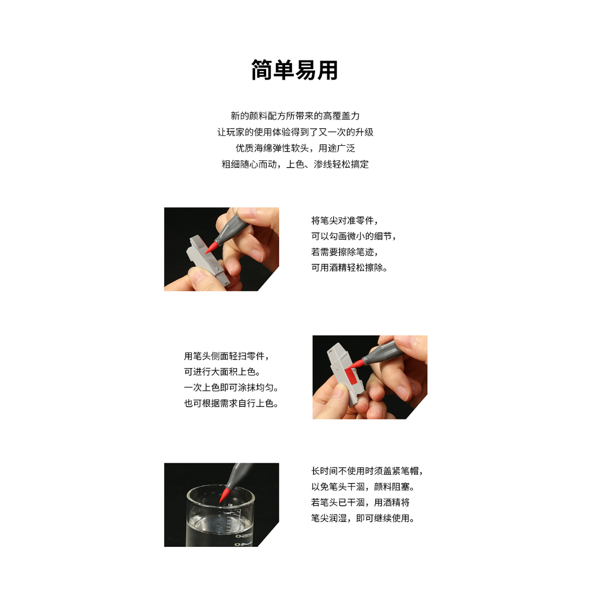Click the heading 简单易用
(294, 70)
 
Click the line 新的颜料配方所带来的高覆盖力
(295, 116)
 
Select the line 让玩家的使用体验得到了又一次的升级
(295, 132)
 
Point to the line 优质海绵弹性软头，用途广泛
(295, 148)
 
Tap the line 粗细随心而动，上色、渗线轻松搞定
(295, 164)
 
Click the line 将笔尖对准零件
(345, 221)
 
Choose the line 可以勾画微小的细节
(354, 236)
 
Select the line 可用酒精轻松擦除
(349, 267)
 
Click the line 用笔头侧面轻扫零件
(226, 356)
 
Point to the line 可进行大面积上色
(222, 372)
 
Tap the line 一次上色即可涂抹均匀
(231, 388)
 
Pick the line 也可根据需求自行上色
(231, 403)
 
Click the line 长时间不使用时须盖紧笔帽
(367, 471)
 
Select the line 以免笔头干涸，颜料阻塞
(363, 487)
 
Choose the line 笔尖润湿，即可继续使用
(363, 519)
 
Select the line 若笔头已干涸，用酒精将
(361, 502)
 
